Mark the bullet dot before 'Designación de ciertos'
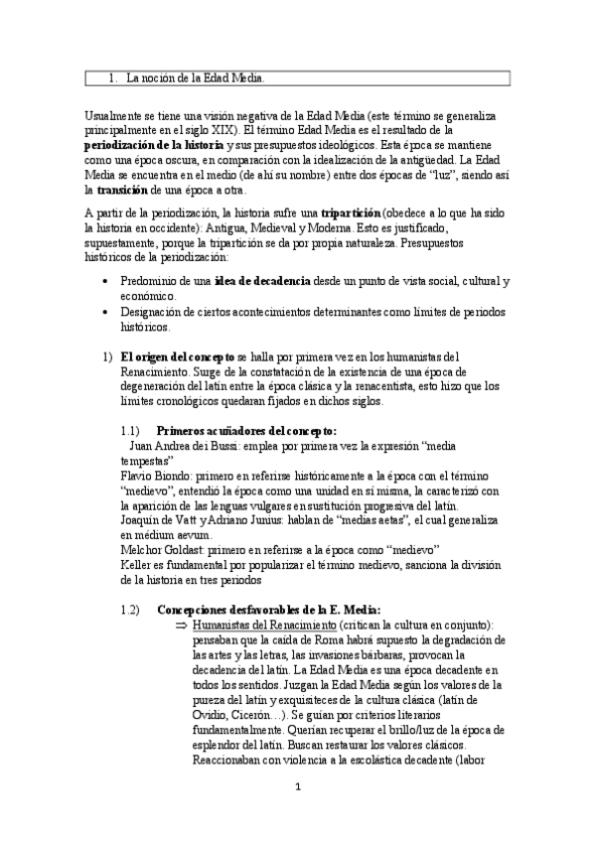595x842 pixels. [107, 311]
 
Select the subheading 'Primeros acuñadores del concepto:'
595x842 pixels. [246, 431]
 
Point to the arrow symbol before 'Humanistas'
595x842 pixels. [181, 626]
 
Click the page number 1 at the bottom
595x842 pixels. [297, 787]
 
